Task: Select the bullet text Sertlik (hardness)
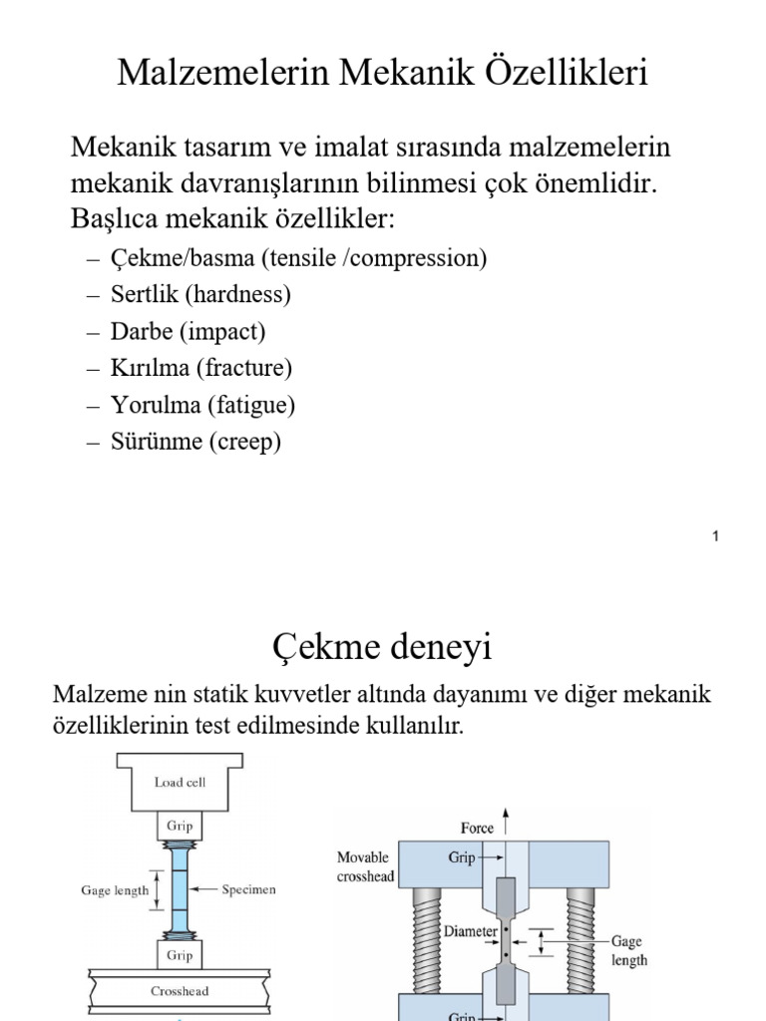click(201, 295)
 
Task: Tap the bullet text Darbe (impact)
click(189, 331)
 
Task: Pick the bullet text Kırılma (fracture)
click(202, 368)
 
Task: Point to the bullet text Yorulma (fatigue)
click(203, 405)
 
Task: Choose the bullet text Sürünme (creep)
click(196, 442)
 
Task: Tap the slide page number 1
click(715, 537)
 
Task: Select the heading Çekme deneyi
click(382, 648)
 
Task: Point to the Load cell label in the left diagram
click(181, 783)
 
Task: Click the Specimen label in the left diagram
click(249, 889)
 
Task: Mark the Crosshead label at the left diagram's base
click(181, 991)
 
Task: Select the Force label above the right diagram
click(477, 828)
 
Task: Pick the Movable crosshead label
click(365, 866)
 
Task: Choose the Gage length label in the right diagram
click(628, 950)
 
